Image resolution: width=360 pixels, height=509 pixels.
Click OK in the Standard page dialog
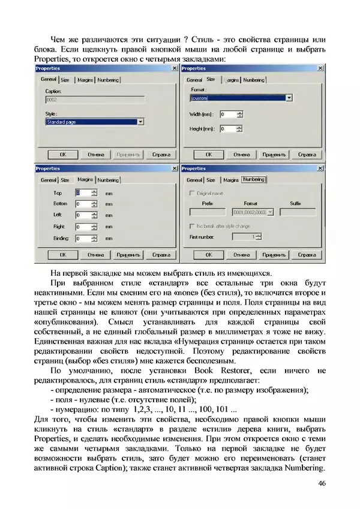62,154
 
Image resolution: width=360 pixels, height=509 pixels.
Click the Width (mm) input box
227,114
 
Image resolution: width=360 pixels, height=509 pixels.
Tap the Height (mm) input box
227,128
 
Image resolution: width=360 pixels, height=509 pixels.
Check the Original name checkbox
192,193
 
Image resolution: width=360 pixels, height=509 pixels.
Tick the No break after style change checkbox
192,226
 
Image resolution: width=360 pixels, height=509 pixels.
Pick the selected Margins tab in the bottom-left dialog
85,179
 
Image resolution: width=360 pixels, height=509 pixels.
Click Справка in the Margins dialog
161,255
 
